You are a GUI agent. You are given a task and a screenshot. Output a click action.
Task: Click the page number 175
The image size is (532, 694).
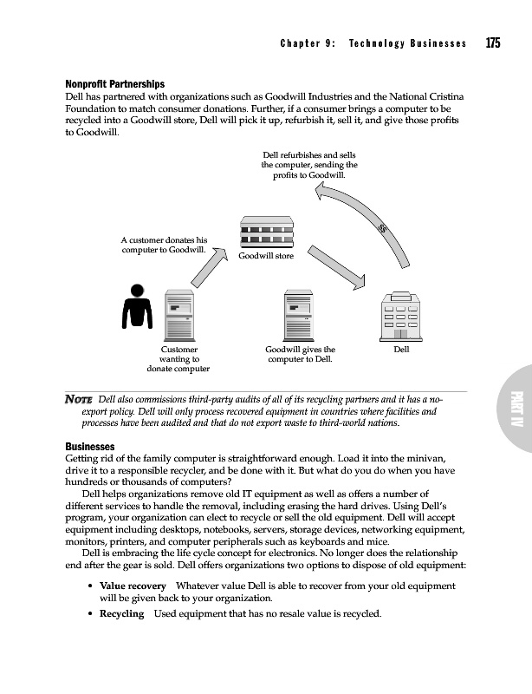493,43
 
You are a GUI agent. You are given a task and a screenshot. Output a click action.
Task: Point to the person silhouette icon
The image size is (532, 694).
137,304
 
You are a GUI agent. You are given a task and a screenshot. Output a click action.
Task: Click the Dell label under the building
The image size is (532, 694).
400,349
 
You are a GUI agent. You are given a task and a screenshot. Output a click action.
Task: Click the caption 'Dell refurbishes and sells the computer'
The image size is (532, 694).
309,165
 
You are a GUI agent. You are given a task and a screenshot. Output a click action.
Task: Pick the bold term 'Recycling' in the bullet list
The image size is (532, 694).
121,613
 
